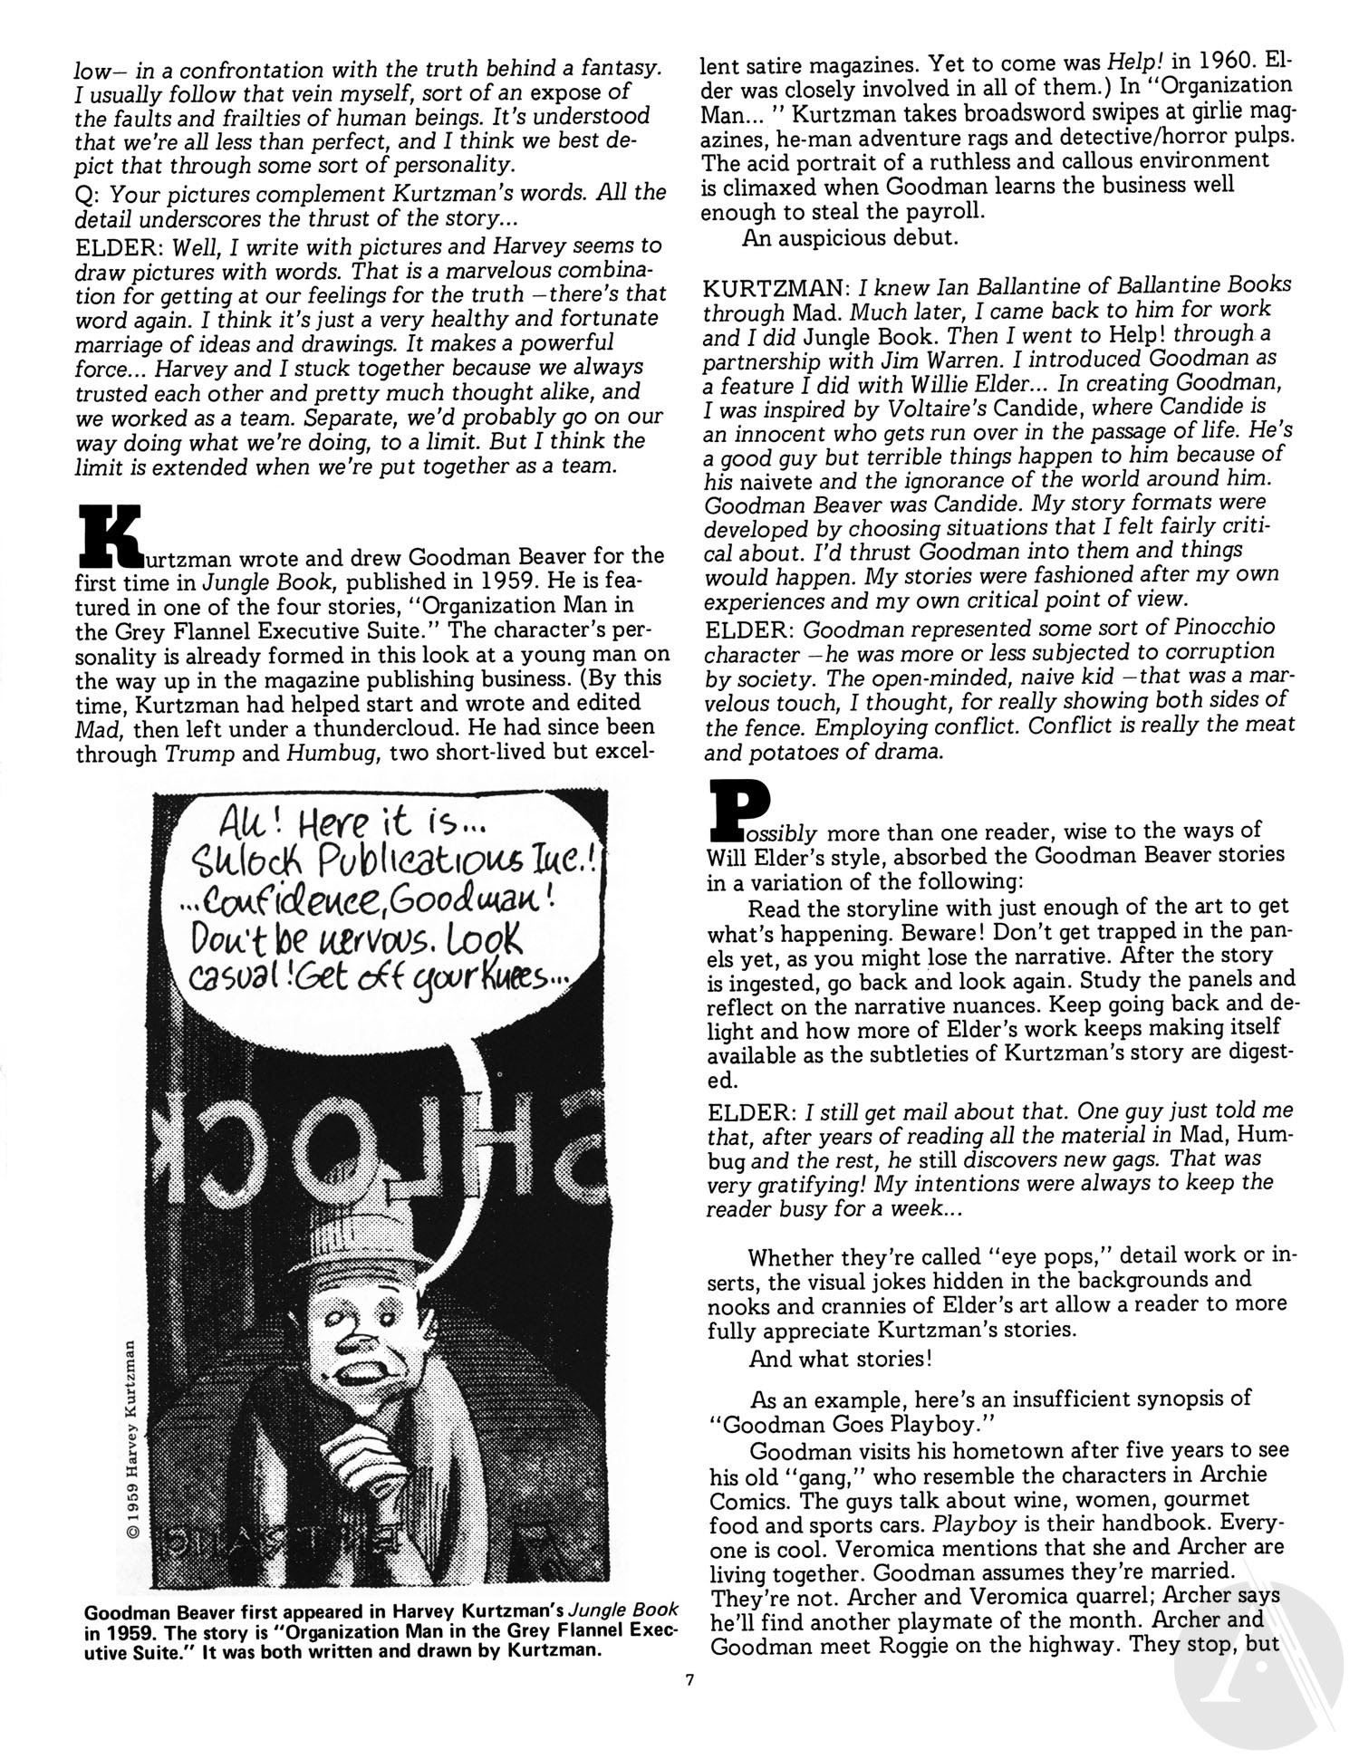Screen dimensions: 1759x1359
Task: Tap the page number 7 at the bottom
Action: [689, 1681]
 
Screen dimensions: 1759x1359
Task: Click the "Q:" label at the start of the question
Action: [88, 193]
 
